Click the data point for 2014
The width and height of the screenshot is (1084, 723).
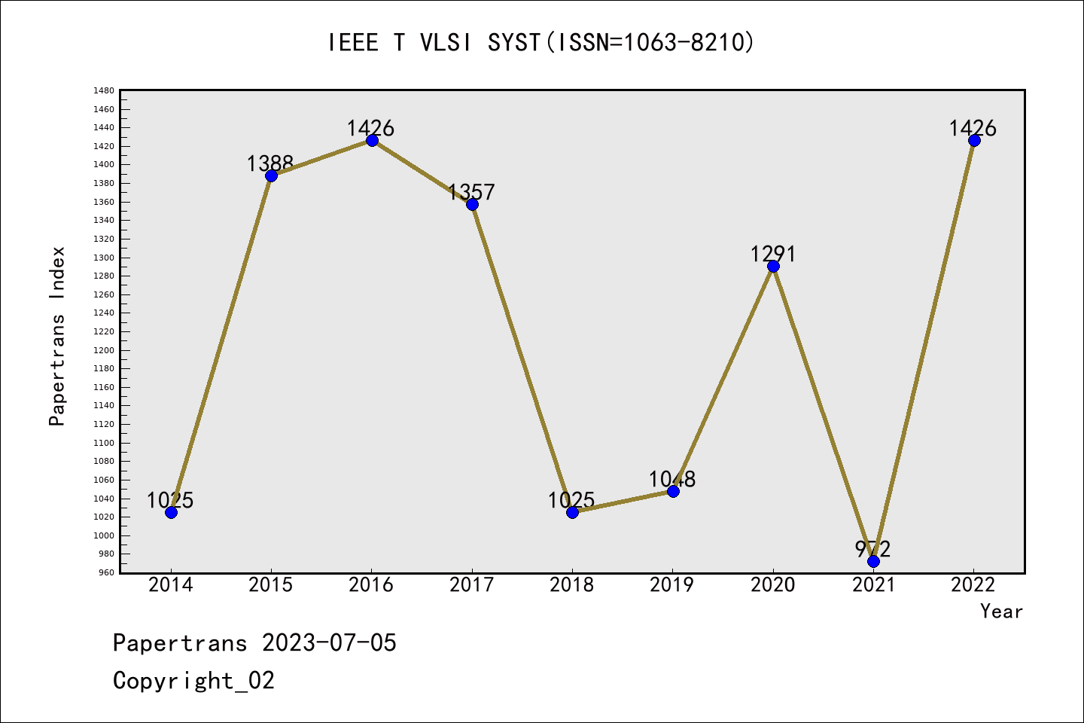click(171, 512)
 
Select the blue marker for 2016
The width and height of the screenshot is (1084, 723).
click(372, 140)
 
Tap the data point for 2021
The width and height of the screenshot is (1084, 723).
click(873, 561)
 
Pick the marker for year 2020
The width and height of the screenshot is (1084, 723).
click(773, 266)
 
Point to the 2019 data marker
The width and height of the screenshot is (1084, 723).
click(673, 491)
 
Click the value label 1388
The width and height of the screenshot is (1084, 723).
click(269, 163)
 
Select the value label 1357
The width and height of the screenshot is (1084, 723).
click(471, 192)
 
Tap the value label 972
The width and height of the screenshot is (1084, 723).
click(872, 549)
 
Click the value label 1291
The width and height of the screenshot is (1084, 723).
click(772, 254)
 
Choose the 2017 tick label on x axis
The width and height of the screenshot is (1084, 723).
click(471, 584)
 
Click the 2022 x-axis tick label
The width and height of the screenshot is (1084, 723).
click(973, 584)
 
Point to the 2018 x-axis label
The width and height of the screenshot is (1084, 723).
click(572, 584)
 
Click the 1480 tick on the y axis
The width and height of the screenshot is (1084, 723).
click(104, 90)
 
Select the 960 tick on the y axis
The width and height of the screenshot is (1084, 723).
click(106, 572)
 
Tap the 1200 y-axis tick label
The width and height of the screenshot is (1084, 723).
click(104, 350)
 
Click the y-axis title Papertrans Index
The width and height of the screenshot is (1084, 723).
click(57, 336)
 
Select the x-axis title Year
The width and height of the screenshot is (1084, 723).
click(1001, 611)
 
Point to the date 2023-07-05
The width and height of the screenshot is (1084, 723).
click(329, 642)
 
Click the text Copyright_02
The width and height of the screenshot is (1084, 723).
click(193, 680)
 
